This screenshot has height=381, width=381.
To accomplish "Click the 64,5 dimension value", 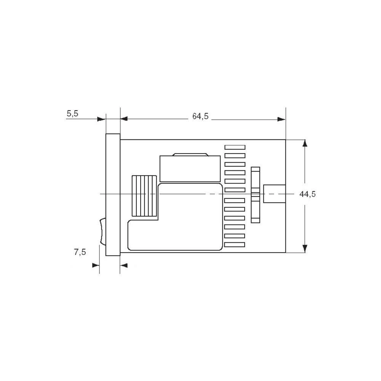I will tap(200, 117).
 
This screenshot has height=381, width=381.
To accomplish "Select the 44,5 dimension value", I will tap(307, 194).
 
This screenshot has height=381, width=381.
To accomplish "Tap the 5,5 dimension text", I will tap(72, 114).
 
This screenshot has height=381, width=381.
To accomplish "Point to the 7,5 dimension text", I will tap(80, 252).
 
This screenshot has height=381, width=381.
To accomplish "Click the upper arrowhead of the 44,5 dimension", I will tap(304, 143).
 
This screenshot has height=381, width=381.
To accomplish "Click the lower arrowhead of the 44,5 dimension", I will tap(304, 248).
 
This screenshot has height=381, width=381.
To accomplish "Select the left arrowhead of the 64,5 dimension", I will tap(125, 119).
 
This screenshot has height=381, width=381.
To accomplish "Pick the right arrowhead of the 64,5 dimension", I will tap(281, 119).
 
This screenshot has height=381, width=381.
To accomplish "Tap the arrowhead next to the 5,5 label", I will tap(101, 119).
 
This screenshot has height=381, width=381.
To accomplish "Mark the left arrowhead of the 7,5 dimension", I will tap(96, 265).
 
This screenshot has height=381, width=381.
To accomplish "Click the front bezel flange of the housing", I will tap(113, 194).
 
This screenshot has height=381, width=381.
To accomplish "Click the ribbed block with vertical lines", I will tap(144, 196).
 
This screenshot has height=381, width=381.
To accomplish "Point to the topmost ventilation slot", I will tap(235, 147).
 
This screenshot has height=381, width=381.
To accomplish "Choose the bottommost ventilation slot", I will tap(235, 245).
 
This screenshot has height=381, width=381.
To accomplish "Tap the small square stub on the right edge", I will tap(274, 194).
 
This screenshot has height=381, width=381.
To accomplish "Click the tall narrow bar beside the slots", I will tap(255, 194).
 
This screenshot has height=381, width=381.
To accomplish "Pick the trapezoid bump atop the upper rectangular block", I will tap(190, 155).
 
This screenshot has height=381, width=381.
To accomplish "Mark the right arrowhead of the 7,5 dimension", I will tap(124, 265).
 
